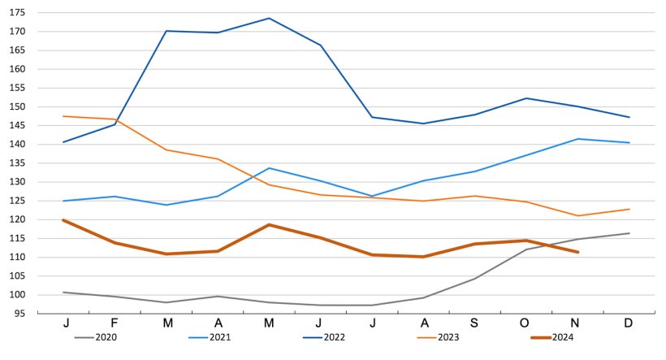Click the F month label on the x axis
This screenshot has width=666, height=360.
coord(115,323)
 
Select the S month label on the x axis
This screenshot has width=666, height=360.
coord(475,323)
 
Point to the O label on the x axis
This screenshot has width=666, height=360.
coord(526,323)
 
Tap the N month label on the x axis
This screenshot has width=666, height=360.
coord(577,323)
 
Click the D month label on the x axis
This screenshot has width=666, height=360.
coord(629,323)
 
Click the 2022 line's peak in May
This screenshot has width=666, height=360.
coord(269,18)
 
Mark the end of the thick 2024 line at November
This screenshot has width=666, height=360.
coord(577,252)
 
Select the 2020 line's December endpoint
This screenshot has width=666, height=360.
coord(629,233)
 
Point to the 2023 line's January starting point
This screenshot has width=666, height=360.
coord(63,116)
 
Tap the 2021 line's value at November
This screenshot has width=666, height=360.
coord(577,139)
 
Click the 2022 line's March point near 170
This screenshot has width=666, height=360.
coord(166,31)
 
